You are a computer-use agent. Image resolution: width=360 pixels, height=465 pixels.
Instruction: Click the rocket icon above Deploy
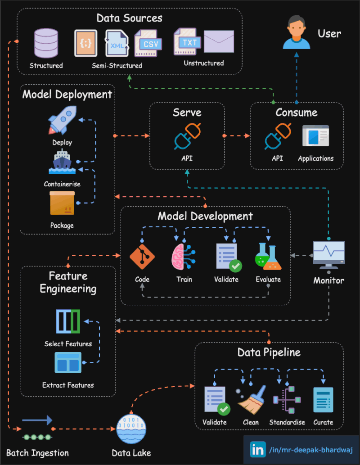point(62,120)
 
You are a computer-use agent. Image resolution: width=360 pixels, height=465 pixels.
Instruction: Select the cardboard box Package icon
point(62,203)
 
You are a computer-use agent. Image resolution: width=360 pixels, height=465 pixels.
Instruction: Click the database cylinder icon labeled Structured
point(46,43)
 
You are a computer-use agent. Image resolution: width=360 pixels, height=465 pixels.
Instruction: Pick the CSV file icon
point(148,42)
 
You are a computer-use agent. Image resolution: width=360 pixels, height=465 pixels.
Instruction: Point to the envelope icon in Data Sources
point(219,41)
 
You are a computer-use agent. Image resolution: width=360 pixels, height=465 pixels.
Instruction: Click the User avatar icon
point(297,32)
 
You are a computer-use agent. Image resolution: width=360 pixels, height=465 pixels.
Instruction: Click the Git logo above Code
point(142,257)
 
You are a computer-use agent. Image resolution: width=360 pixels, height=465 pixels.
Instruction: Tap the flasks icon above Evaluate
point(268,257)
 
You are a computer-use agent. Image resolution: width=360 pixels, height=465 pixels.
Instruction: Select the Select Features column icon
point(68,321)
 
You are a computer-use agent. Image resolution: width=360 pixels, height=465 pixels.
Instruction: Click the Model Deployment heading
point(67,94)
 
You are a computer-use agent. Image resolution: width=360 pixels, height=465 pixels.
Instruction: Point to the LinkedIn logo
point(258,449)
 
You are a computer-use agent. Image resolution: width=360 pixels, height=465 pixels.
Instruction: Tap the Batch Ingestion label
point(37,453)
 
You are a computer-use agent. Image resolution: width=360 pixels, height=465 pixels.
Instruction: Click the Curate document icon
point(323,400)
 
